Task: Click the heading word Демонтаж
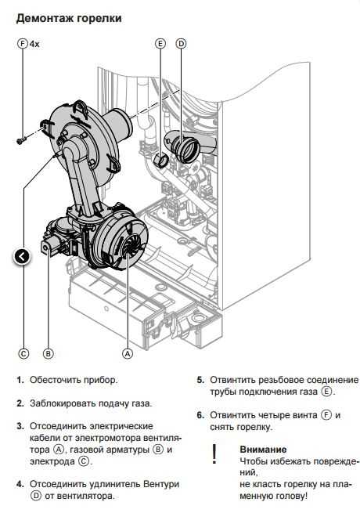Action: coord(45,18)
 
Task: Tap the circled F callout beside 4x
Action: coord(23,44)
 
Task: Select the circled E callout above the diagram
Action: coord(160,44)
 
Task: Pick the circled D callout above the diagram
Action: coord(181,44)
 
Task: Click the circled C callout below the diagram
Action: coord(23,354)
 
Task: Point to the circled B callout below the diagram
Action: coord(48,354)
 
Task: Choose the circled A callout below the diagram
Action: coord(128,354)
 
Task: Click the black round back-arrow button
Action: coord(22,257)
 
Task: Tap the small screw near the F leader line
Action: coord(21,141)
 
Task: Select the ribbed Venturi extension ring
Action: coord(186,149)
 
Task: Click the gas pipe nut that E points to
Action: coord(160,161)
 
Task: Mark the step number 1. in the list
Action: coord(20,380)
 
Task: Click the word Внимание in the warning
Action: coord(263,450)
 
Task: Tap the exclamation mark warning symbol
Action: coord(214,453)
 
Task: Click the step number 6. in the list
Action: coord(200,416)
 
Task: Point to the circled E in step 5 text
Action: coord(326,392)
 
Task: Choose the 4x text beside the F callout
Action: coord(34,44)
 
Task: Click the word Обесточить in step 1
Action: coord(55,380)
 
